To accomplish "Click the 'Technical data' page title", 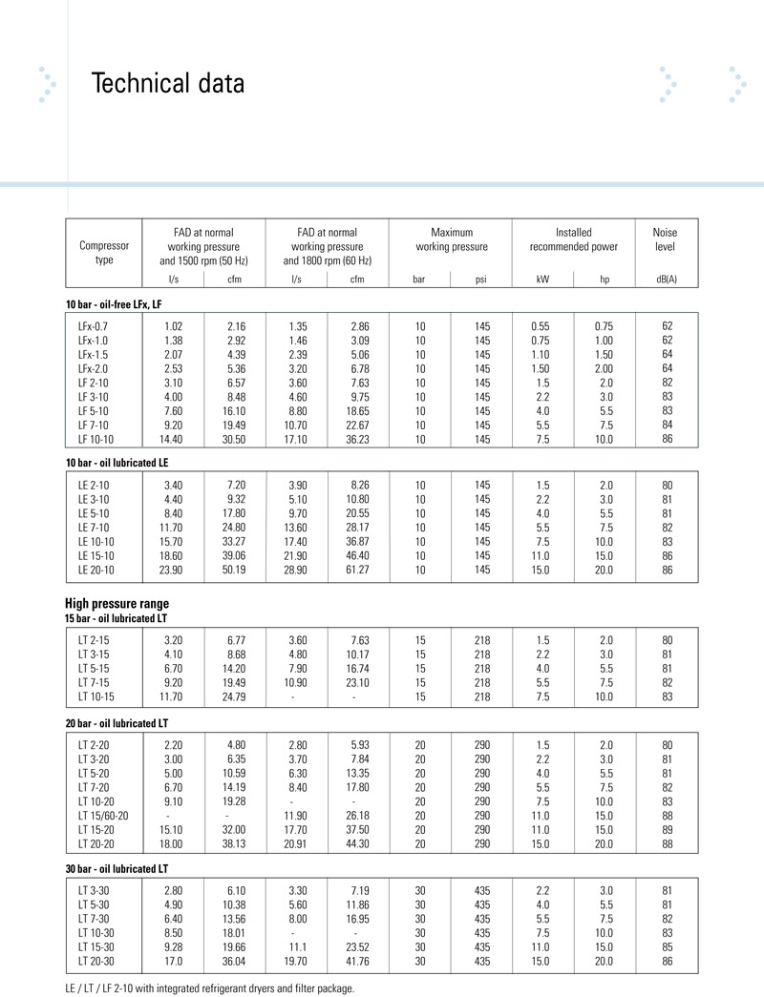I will (x=168, y=84).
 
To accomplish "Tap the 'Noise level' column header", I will (x=667, y=239).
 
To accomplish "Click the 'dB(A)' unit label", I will (x=667, y=280).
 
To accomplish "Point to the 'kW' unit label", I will (x=542, y=280).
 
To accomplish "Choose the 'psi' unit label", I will (x=481, y=280).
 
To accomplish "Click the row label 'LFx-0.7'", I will (x=95, y=326).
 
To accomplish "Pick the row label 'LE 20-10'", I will (x=96, y=570).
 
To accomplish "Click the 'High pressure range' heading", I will (x=117, y=603).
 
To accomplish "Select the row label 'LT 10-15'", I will (x=96, y=696).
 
